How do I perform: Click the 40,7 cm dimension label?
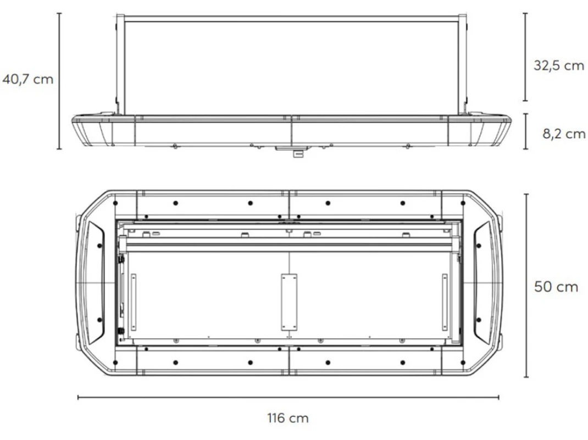point(27,79)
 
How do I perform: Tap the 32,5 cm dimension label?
point(559,65)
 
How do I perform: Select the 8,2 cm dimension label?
point(564,134)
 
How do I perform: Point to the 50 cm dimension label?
point(556,287)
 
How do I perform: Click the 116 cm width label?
point(288,418)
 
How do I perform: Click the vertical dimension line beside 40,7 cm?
point(59,81)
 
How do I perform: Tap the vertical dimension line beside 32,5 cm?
point(525,57)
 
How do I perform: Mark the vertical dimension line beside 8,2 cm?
point(526,131)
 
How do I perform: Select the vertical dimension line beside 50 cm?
point(526,285)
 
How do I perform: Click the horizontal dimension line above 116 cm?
point(288,397)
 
